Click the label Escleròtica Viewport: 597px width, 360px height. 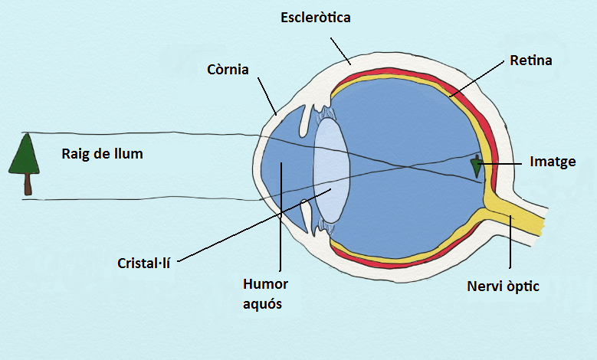click(x=315, y=17)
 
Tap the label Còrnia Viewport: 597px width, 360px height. click(x=228, y=70)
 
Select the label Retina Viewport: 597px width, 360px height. click(x=530, y=59)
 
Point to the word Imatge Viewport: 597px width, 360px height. click(x=553, y=162)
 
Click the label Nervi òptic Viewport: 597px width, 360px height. click(x=503, y=287)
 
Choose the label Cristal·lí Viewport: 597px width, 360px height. click(x=143, y=262)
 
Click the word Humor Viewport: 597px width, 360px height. click(x=265, y=284)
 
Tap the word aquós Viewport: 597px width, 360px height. click(x=265, y=303)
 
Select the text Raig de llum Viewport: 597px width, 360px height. click(x=102, y=153)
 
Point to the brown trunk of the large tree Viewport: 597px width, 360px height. click(x=28, y=184)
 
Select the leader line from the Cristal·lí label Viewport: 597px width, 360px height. click(x=253, y=222)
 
